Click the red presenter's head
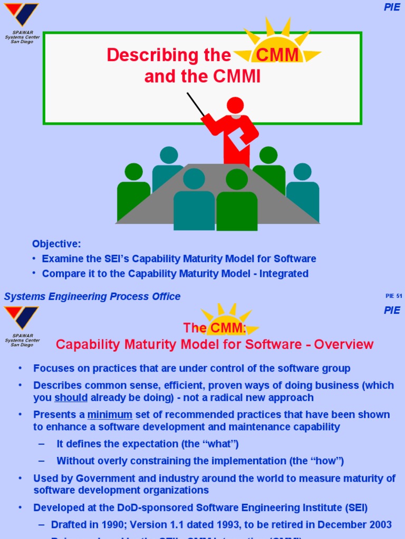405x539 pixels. tap(235, 105)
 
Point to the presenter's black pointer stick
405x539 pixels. tap(196, 104)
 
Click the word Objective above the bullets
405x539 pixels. tap(56, 244)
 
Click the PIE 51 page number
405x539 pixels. tap(393, 296)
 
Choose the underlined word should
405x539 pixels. tap(71, 397)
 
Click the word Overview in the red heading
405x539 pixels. tap(343, 345)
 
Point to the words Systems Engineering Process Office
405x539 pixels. tap(92, 296)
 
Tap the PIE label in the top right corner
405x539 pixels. tap(392, 7)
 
